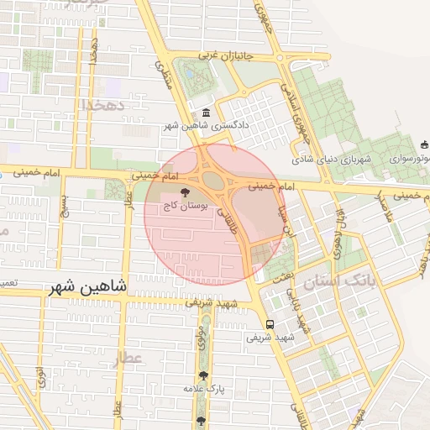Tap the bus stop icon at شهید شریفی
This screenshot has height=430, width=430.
pyautogui.click(x=270, y=324)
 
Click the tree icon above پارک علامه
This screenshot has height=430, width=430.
pyautogui.click(x=203, y=376)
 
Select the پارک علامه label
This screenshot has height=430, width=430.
pyautogui.click(x=204, y=389)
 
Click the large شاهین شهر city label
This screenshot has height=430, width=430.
pyautogui.click(x=87, y=286)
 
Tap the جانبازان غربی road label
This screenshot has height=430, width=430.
pyautogui.click(x=230, y=55)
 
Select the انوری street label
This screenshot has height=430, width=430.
pyautogui.click(x=39, y=375)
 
